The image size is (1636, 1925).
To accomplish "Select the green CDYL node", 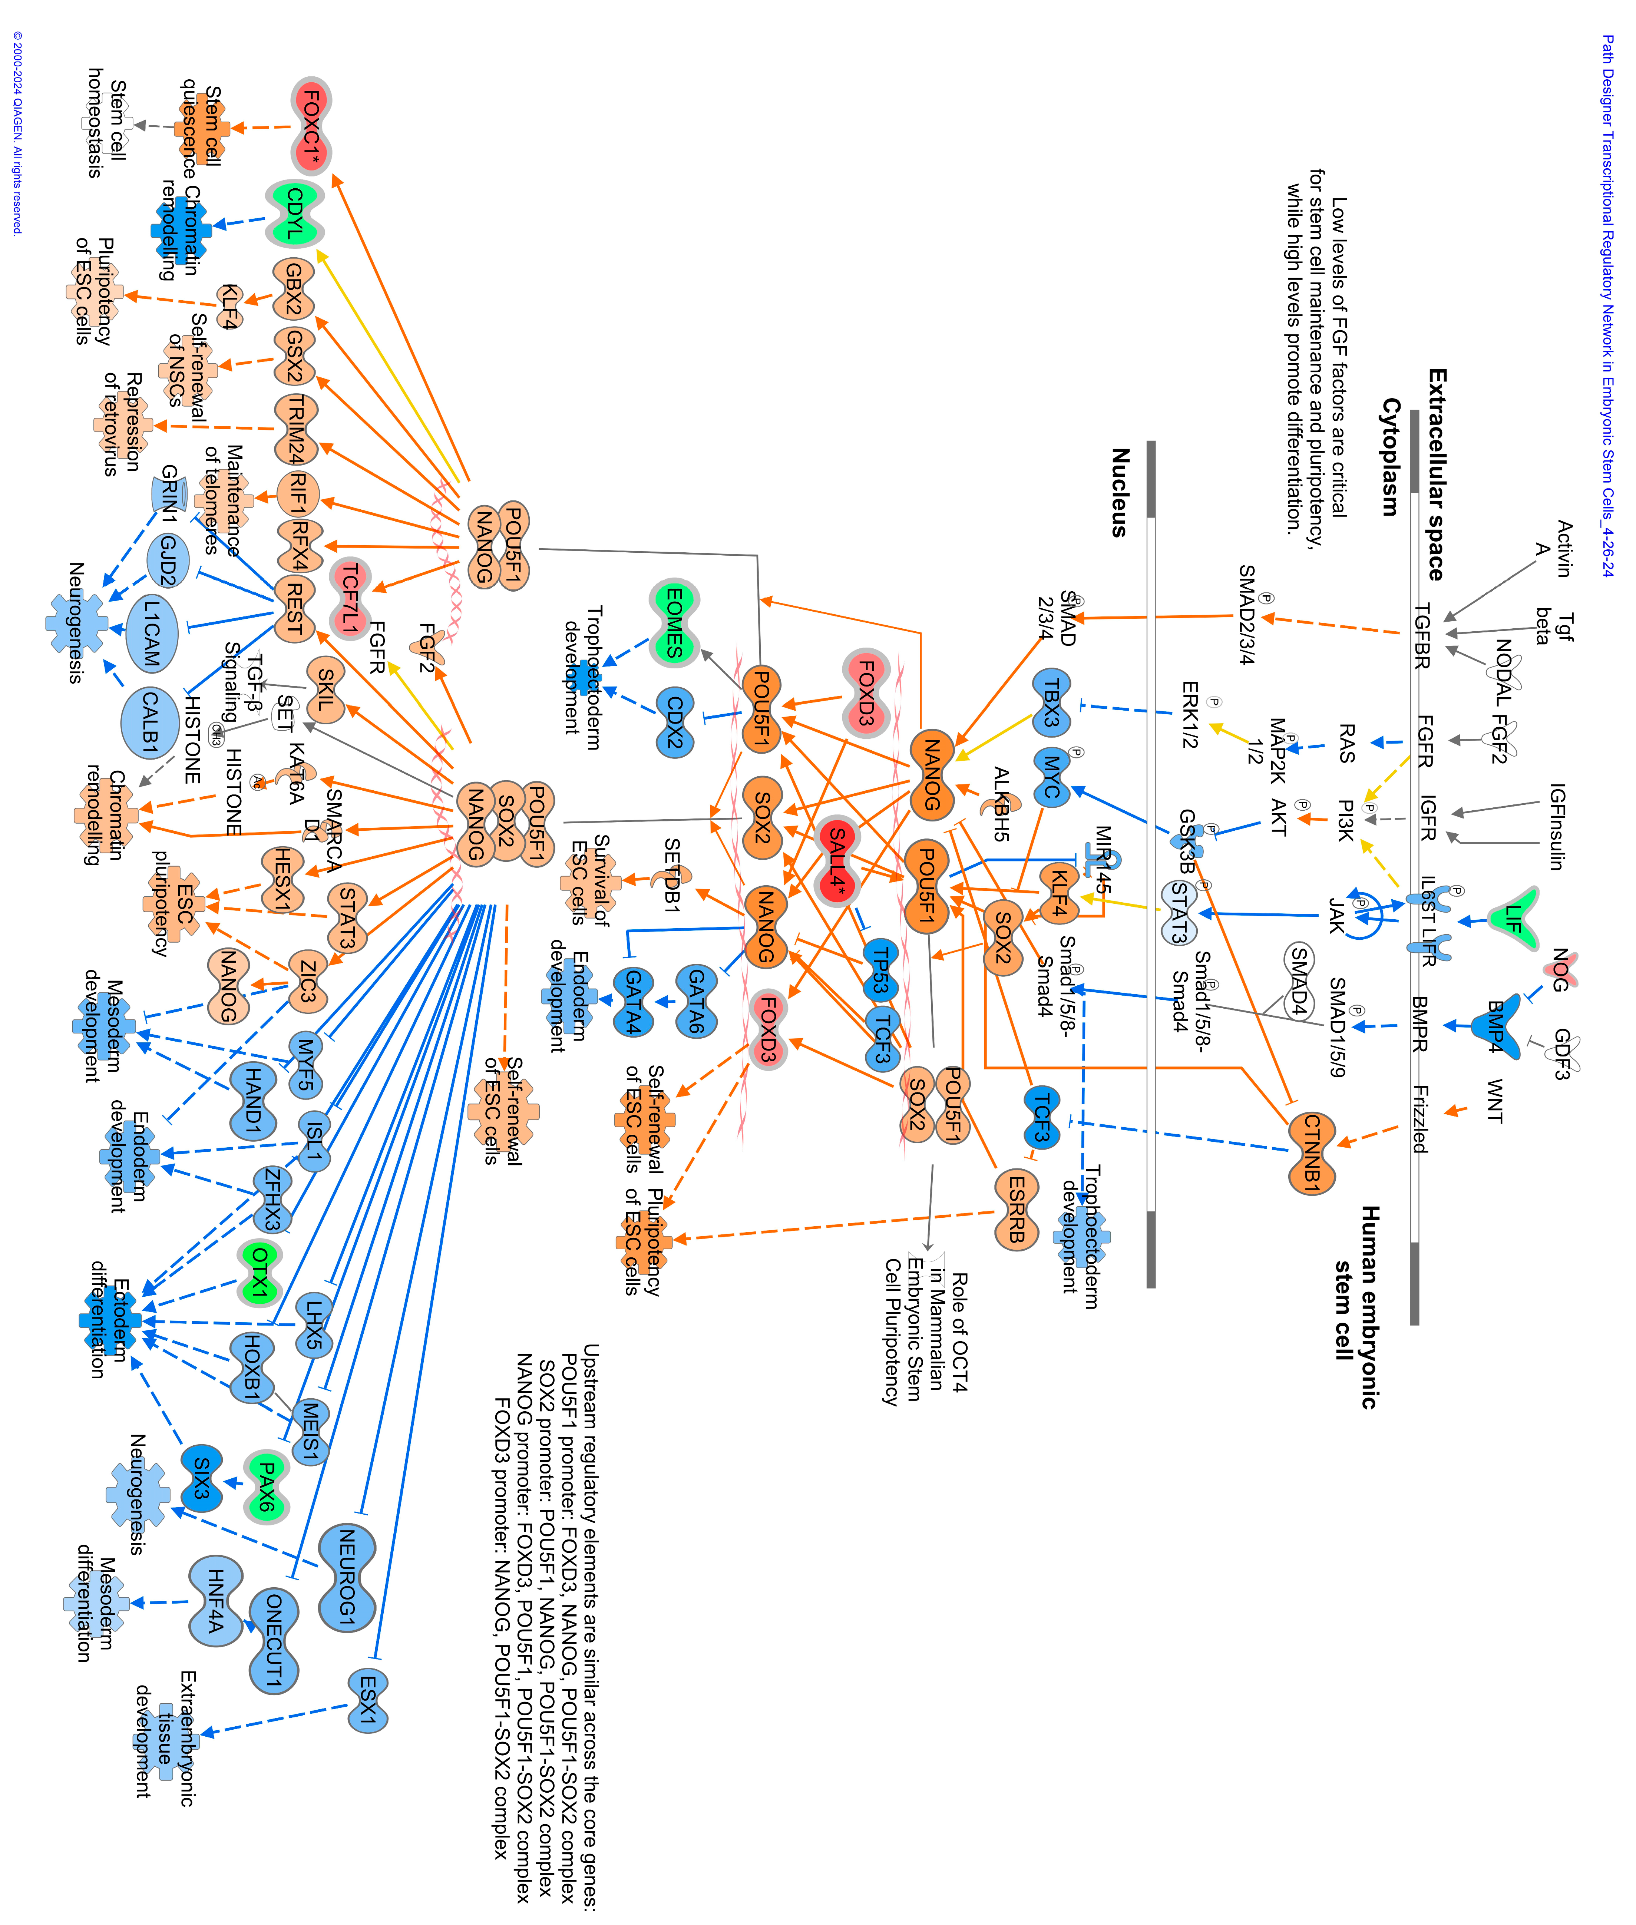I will (295, 213).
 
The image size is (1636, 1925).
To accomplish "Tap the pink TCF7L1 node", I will (350, 599).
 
